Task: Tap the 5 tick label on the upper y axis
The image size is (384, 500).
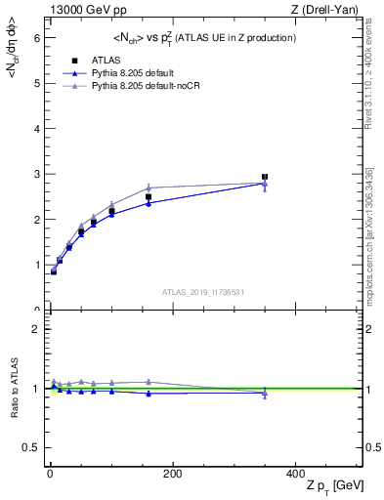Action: pos(36,83)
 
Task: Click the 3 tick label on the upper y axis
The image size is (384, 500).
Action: pos(36,174)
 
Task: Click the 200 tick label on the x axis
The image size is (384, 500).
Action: pos(172,473)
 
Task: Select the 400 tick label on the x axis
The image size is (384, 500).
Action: pos(294,473)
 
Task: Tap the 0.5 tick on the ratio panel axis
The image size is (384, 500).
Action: pos(32,447)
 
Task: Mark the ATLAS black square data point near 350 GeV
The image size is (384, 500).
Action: pos(265,177)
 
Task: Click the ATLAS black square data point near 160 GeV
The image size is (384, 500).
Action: pos(149,197)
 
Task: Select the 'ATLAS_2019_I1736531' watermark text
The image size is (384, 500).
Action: pos(203,292)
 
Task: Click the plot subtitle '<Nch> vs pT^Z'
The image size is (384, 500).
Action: pos(204,37)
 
